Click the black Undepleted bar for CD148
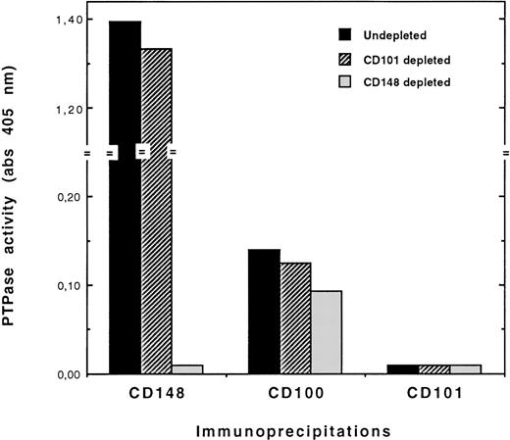pos(125,196)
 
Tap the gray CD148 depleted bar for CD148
pos(187,369)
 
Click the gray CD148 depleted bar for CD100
pos(327,332)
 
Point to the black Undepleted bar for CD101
pos(402,369)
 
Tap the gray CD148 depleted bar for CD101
pos(465,369)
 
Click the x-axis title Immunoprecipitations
pos(294,428)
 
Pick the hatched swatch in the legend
pos(345,58)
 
